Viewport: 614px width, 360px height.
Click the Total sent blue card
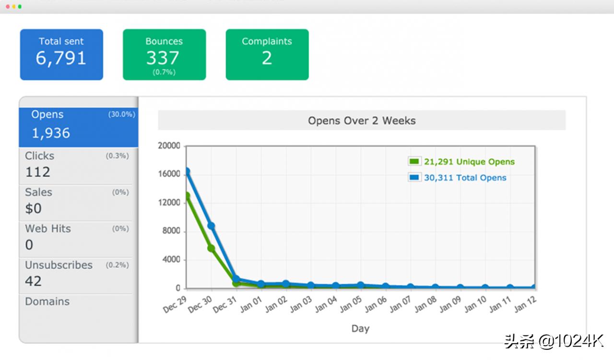tap(61, 54)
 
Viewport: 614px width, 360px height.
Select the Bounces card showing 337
tap(164, 54)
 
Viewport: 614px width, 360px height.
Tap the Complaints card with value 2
tap(267, 54)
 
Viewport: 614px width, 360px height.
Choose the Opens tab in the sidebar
tap(79, 127)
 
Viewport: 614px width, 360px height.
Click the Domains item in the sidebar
tap(47, 301)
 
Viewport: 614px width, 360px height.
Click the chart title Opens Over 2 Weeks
tap(362, 120)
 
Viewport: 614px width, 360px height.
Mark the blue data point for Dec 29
tap(187, 171)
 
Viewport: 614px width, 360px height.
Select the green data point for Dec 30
tap(211, 248)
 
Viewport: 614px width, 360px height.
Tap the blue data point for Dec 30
tap(211, 226)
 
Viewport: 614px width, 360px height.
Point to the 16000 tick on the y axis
tap(169, 174)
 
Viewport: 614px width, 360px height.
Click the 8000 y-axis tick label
tap(171, 231)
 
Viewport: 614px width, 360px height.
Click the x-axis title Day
tap(360, 328)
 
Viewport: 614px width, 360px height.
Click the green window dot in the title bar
tap(20, 7)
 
